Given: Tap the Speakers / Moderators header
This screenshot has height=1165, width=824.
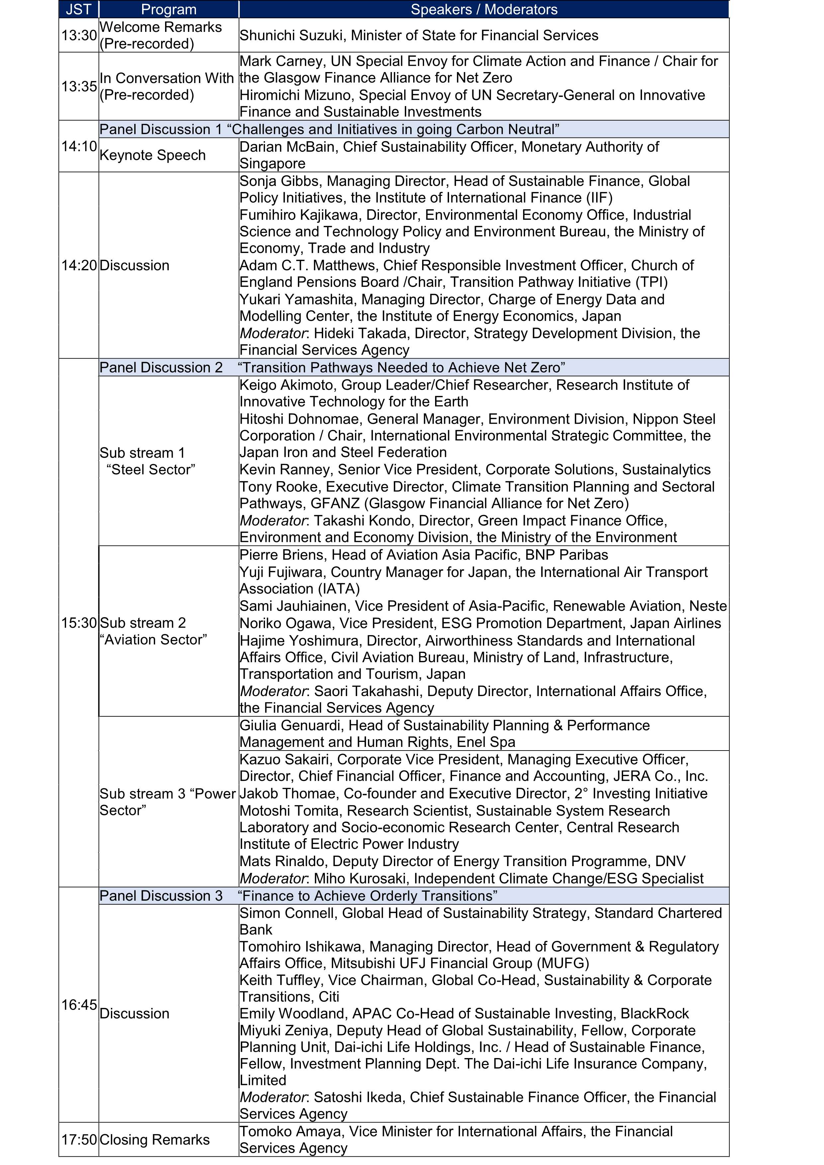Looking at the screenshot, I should (484, 9).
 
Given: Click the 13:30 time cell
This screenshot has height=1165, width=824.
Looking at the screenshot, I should (79, 35).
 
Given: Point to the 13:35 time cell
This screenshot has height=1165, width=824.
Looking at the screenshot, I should (79, 86).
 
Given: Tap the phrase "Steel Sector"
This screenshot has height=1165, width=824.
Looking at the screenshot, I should (151, 469).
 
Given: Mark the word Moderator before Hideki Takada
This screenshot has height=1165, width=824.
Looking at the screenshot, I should (272, 333).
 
